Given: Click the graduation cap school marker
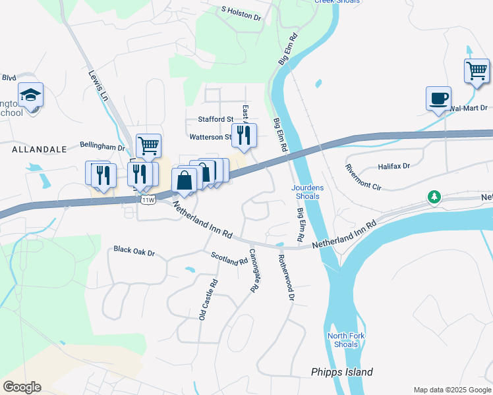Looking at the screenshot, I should [x=30, y=96].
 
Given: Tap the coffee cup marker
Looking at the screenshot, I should [x=438, y=99].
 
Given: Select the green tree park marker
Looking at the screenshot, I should [x=434, y=197].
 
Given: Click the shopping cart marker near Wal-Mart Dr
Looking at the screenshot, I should [x=477, y=70].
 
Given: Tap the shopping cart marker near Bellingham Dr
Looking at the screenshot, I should [x=148, y=146].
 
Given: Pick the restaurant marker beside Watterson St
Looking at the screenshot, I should [x=244, y=135].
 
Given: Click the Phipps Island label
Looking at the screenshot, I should [x=342, y=372].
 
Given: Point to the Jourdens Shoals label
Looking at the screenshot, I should [x=307, y=192].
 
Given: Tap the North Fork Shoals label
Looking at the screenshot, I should [x=342, y=340].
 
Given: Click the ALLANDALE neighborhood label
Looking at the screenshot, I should [x=40, y=149].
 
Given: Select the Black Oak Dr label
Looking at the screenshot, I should [x=134, y=251].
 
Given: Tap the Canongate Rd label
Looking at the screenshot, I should [x=252, y=271].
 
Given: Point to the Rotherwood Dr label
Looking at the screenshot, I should [x=285, y=278].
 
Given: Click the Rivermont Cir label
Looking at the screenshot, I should [x=363, y=177].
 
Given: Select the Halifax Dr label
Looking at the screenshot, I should [x=393, y=167].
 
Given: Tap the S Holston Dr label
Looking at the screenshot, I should [x=241, y=14].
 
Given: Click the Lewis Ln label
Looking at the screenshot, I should [x=97, y=86].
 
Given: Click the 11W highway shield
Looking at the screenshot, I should [x=148, y=199].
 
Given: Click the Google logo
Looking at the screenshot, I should [x=22, y=387].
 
